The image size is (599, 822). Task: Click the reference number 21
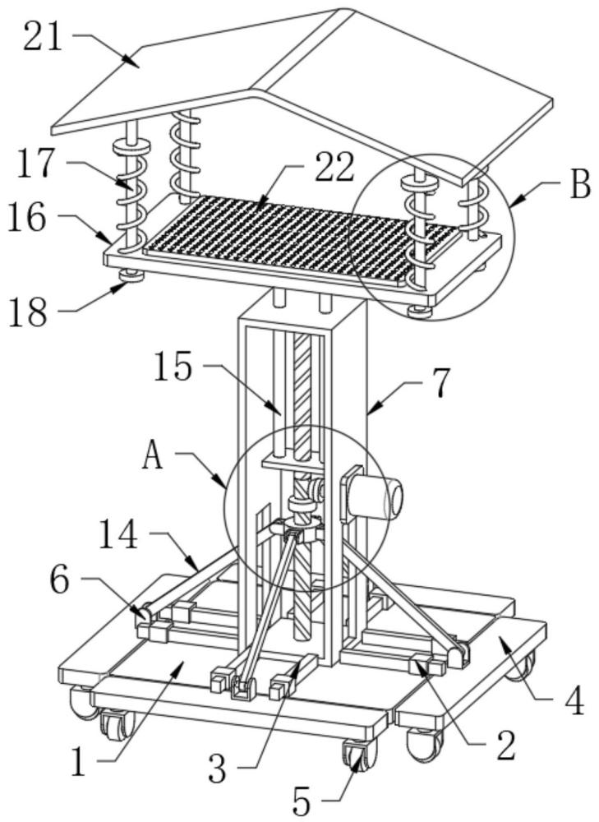43,39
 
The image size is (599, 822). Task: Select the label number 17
35,163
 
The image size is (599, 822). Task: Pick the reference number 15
173,367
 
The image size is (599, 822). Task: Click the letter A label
153,455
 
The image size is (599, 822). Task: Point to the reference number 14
118,535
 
